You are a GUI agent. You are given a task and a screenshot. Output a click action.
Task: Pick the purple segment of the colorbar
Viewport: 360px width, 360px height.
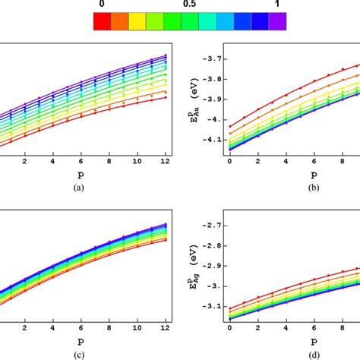278,23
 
